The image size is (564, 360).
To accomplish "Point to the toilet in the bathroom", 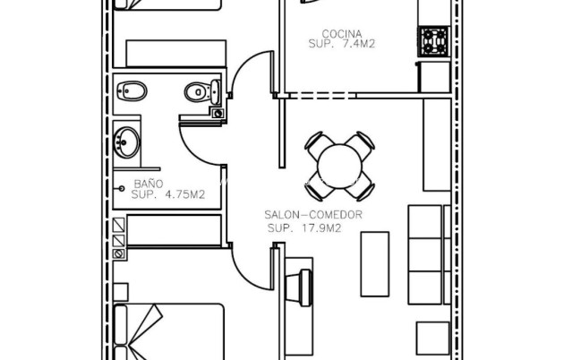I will point(201,90).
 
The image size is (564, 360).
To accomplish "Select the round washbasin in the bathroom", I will point(127,141).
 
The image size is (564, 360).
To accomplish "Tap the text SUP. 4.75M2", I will point(168,193).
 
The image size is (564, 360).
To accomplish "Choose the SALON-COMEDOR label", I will point(312,215).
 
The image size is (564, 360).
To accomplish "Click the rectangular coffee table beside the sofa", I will point(375,263).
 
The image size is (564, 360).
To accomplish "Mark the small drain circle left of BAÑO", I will point(123,188).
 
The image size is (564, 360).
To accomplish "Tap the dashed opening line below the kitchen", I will point(322,94).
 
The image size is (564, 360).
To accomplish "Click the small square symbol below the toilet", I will point(217,113).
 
